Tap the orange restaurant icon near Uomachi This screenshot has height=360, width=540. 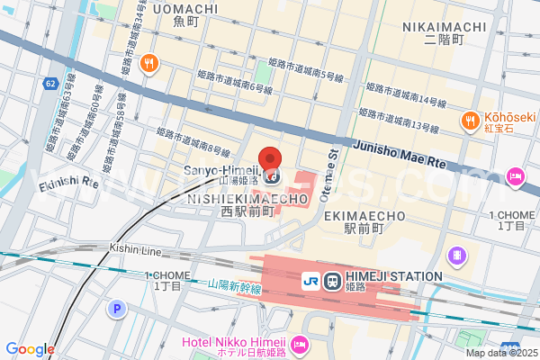[148, 63]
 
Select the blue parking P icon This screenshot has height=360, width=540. [116, 310]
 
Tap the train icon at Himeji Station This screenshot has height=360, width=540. [330, 281]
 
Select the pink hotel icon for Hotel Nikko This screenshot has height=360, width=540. [299, 342]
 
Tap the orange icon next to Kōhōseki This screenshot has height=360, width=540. [469, 120]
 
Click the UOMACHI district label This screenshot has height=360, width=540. [185, 9]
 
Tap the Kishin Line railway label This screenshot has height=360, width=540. [134, 247]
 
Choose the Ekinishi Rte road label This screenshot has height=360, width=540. [68, 182]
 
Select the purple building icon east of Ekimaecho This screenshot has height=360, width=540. [458, 256]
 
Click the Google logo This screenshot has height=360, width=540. [30, 349]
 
